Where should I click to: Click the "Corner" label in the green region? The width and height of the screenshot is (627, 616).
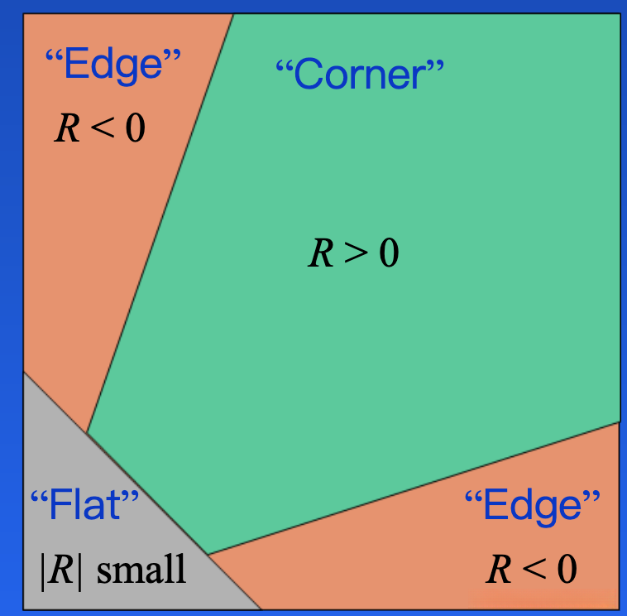(x=359, y=75)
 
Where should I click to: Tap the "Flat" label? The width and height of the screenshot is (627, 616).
(x=84, y=505)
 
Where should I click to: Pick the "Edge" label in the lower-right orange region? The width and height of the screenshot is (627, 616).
(x=532, y=506)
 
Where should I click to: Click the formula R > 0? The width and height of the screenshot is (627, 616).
(x=353, y=253)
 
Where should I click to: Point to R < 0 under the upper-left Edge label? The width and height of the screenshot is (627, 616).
(x=99, y=128)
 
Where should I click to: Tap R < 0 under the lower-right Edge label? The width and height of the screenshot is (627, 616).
(x=531, y=570)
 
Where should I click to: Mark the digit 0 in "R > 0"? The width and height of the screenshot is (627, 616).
(x=389, y=253)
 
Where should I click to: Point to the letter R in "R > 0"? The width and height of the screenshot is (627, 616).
(x=320, y=253)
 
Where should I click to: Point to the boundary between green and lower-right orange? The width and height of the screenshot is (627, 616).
(x=414, y=488)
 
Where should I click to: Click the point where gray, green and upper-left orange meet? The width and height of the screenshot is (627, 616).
(x=87, y=432)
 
